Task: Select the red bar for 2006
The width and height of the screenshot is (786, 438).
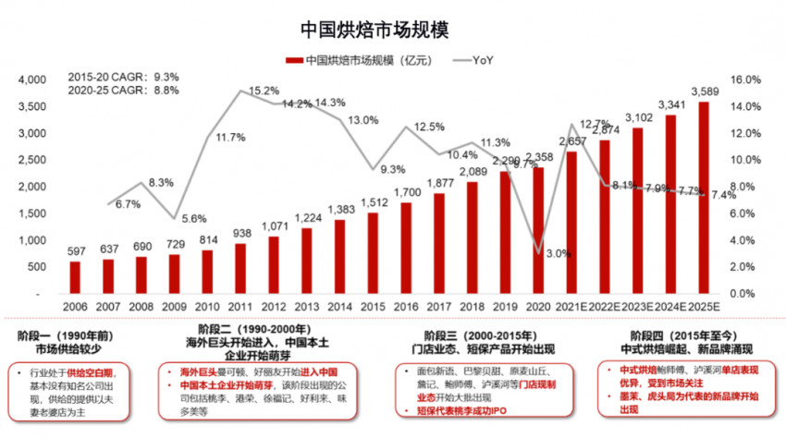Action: [76, 277]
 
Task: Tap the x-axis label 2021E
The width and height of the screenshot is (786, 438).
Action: [572, 306]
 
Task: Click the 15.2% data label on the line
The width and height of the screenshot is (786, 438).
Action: [264, 91]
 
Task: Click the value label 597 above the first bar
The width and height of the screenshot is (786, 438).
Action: [76, 252]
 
